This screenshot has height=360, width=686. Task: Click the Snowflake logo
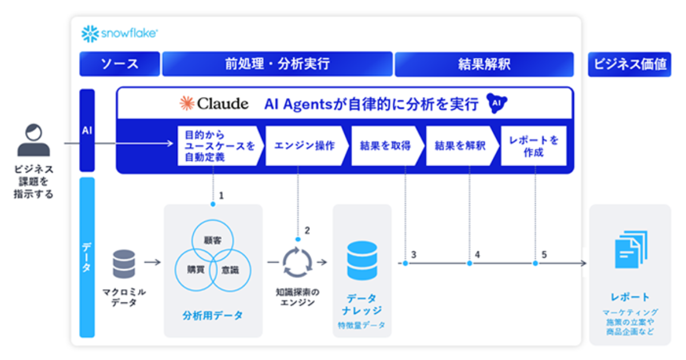119,33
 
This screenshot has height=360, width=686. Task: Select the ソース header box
119,64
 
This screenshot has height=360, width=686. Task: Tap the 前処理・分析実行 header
277,64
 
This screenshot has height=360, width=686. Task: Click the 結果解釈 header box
484,64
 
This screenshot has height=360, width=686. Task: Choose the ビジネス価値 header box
629,64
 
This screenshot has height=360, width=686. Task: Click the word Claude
222,104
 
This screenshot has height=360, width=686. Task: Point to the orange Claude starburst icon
187,103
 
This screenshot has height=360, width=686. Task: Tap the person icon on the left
34,140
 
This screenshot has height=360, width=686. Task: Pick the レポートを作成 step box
533,146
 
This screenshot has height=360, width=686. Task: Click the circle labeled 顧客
213,241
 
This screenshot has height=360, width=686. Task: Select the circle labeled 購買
196,270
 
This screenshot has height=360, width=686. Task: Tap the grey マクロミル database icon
123,264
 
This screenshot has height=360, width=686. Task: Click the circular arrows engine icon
297,262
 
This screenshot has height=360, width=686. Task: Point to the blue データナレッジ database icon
362,261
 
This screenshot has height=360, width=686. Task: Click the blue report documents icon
631,250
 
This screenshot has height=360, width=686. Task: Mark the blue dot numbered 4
469,263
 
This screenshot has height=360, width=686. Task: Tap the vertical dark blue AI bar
87,130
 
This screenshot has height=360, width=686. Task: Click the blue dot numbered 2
298,239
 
